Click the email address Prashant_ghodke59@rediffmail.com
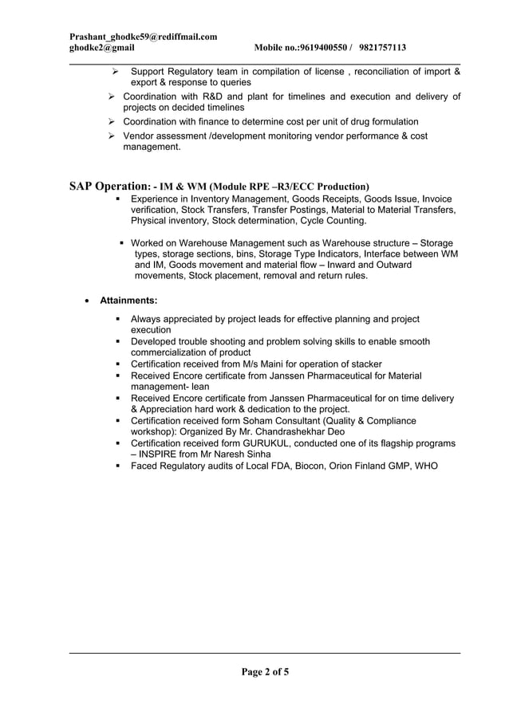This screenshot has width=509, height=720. pos(144,37)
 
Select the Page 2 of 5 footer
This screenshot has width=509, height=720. pos(266,671)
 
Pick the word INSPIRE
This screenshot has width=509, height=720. pos(163,454)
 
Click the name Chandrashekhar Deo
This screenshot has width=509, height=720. pos(303,431)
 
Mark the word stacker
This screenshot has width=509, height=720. pos(365,364)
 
